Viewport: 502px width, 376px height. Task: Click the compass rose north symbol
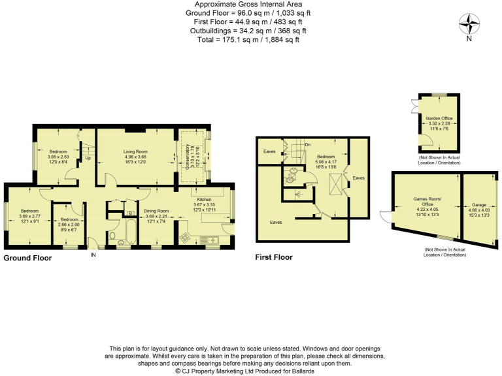coord(469,25)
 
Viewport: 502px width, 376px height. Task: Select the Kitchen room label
coord(201,200)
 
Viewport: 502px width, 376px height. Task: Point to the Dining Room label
coord(157,211)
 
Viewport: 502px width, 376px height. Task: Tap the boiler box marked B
coord(131,213)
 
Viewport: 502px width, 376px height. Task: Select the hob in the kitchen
coord(184,236)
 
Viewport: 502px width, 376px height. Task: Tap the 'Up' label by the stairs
coord(88,158)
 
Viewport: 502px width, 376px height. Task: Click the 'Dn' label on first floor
coord(307,144)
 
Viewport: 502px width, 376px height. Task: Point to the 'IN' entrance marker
coord(93,255)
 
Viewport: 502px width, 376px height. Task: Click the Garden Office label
coord(439,119)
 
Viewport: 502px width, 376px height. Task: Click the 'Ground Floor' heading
coord(27,258)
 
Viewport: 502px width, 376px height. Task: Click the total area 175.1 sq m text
coord(250,40)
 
